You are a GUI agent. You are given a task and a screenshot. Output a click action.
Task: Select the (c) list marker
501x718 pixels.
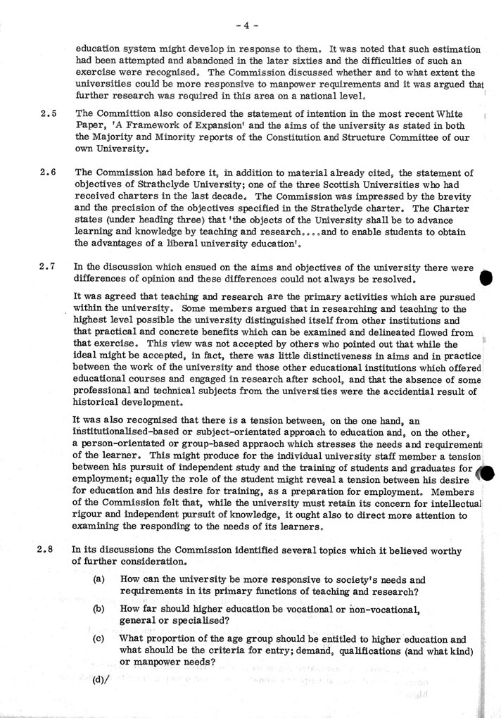100,639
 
